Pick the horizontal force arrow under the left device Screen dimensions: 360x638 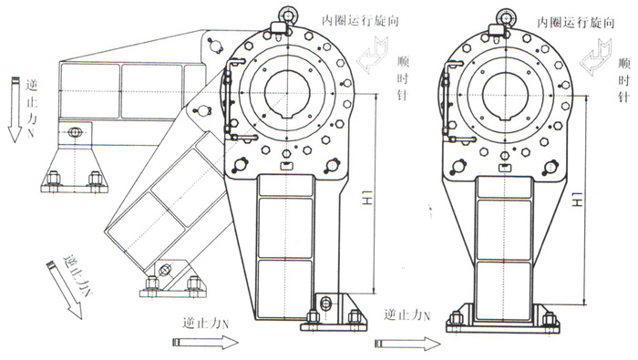[x=204, y=342]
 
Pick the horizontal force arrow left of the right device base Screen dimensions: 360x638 [x=406, y=345]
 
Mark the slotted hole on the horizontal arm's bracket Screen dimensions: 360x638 [x=74, y=134]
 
